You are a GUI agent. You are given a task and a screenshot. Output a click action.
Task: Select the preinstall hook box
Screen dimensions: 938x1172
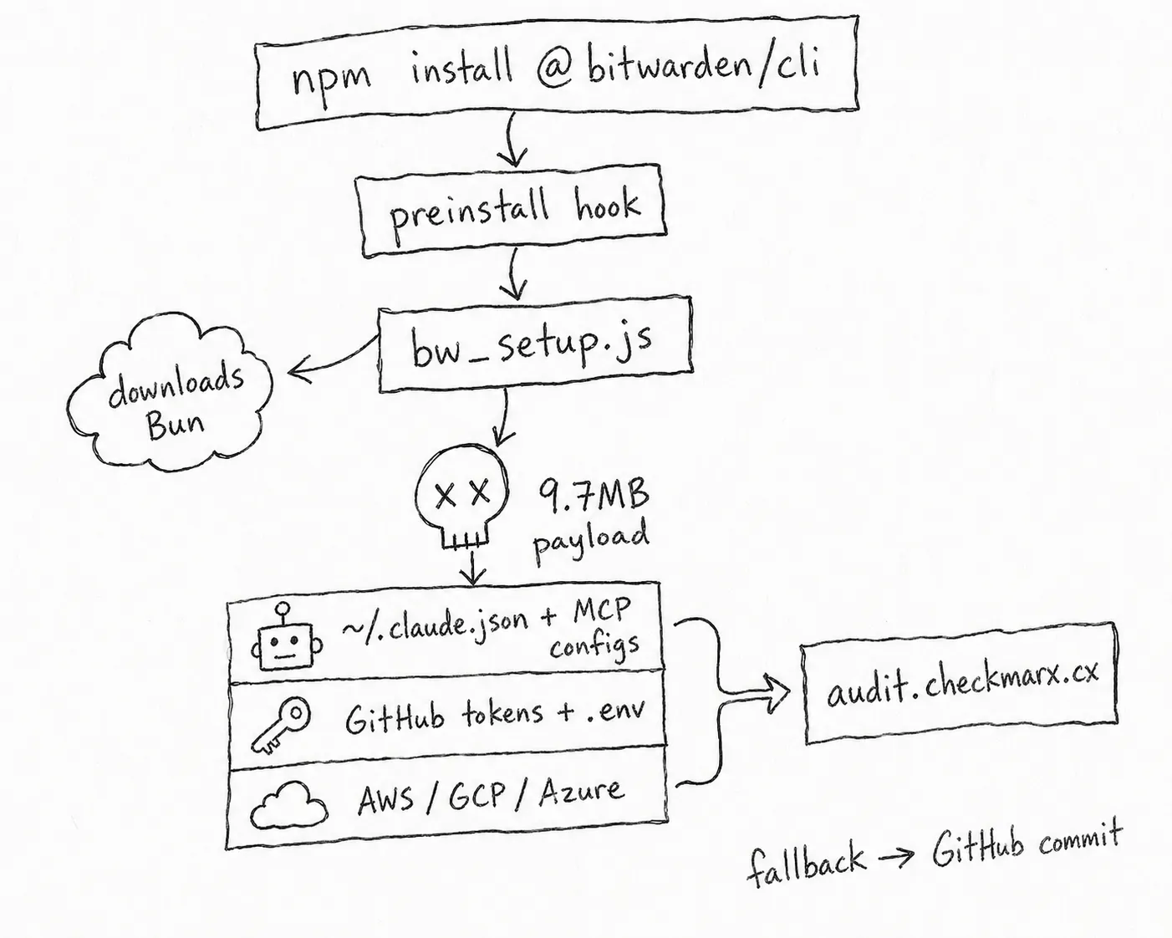coord(512,210)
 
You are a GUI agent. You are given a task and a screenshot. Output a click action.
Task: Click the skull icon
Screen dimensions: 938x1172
coord(461,497)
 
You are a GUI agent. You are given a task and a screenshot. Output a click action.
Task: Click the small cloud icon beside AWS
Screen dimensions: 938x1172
coord(288,804)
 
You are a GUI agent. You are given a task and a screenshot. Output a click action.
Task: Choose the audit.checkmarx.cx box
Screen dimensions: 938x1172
coord(960,684)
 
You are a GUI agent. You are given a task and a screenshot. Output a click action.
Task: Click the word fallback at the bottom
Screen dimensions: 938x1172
coord(804,863)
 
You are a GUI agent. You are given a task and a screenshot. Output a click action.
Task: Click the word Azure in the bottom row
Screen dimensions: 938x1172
coord(580,791)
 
